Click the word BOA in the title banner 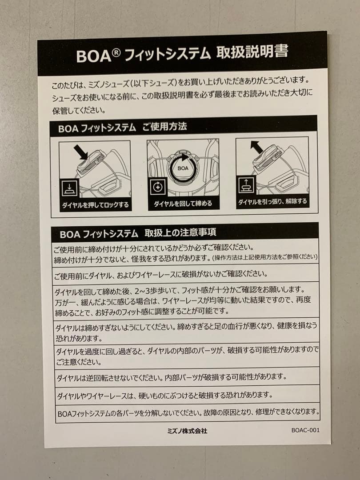tap(93, 56)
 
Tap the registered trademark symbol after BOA tap(116, 52)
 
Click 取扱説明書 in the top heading tap(252, 52)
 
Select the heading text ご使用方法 tap(164, 126)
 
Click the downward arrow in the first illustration tap(81, 152)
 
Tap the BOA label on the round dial tap(183, 168)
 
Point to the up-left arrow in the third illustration tap(256, 147)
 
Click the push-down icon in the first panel tap(70, 188)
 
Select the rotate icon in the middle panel tap(158, 187)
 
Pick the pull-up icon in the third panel tap(246, 184)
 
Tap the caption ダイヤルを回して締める tap(183, 204)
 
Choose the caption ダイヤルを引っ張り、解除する tap(272, 201)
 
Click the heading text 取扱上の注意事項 tap(180, 232)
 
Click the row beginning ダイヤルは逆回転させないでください tap(172, 377)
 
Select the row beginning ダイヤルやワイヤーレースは tap(165, 395)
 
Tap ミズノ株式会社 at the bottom tap(187, 431)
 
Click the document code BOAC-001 tap(305, 430)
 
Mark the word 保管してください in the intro tap(79, 111)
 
